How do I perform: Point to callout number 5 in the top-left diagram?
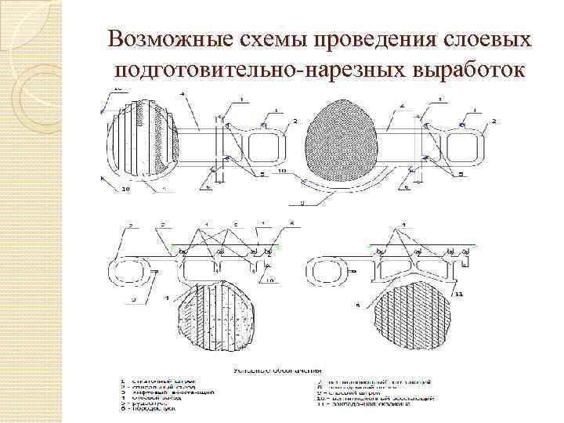[208, 188]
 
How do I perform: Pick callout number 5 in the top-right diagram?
[407, 187]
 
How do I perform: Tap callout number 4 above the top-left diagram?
[182, 95]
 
